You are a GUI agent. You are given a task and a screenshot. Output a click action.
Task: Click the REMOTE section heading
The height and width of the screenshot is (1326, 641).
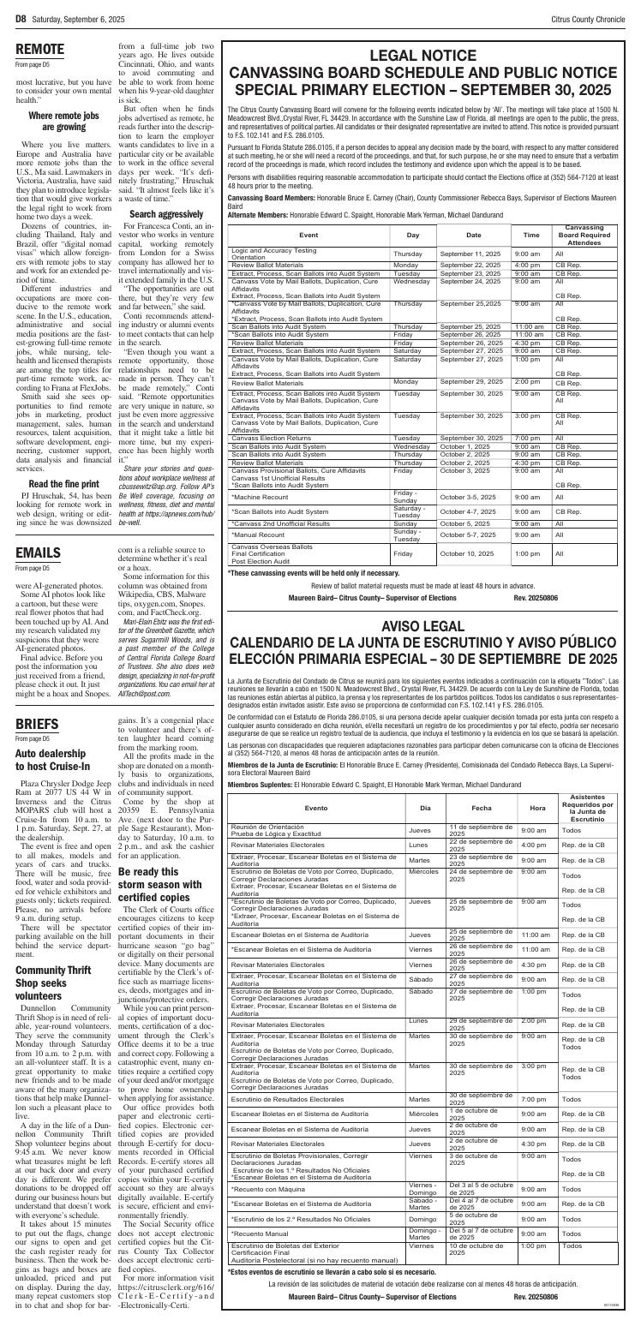pyautogui.click(x=40, y=49)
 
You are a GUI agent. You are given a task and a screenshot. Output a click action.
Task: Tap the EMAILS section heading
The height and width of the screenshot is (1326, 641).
pyautogui.click(x=38, y=552)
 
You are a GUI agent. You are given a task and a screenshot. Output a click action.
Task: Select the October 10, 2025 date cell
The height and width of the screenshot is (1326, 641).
pyautogui.click(x=468, y=554)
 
